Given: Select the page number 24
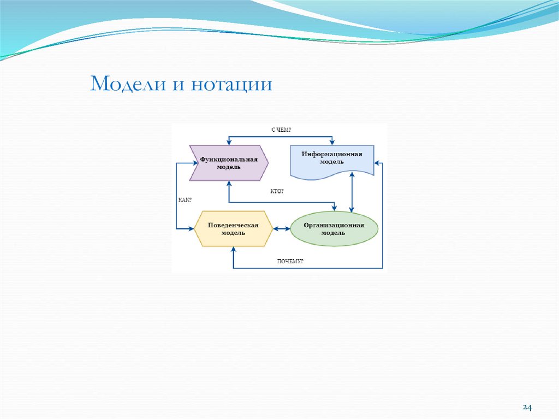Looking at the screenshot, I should point(527,408).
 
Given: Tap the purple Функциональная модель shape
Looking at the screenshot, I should point(229,163).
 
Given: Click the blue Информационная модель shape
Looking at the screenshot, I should point(332,162).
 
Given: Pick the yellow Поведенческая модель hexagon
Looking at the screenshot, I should point(233,228).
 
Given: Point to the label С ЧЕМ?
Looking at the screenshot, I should point(281,129).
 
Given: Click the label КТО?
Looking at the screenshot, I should point(277,192).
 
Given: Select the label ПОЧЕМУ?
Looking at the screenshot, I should point(290,261).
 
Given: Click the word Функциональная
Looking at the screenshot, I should point(228,159).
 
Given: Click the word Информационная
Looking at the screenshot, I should point(332,154).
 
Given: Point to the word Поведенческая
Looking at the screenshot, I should point(233,225).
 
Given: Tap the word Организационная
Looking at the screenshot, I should point(334,225).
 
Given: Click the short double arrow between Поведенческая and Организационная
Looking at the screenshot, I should point(282,229).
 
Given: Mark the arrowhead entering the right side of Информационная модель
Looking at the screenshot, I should point(377,162).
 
